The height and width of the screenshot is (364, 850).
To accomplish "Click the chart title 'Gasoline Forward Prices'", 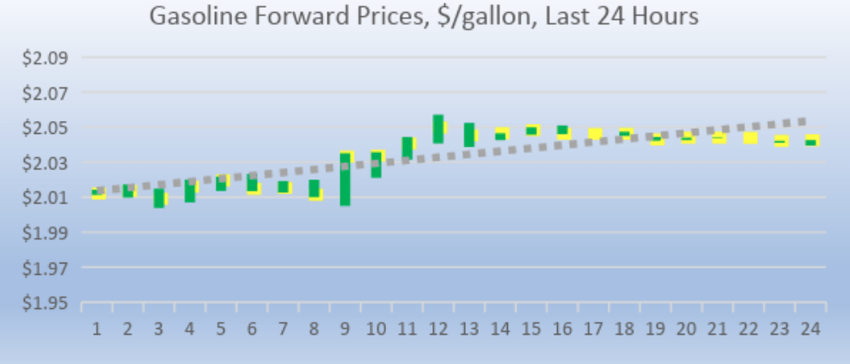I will (x=284, y=15).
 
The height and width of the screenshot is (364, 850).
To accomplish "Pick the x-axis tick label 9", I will (x=346, y=329).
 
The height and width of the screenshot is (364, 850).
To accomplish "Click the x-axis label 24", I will (x=810, y=329).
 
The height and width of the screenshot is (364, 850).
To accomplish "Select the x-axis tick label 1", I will (x=97, y=329).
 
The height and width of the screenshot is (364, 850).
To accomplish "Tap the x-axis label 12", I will (x=438, y=329).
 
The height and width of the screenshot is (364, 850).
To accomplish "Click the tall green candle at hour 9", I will (x=345, y=180).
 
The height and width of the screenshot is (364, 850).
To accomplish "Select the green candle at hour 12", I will (x=438, y=129).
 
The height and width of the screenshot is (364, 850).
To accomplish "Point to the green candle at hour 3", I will (x=159, y=198).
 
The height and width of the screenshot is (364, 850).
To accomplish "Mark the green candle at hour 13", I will (x=469, y=135).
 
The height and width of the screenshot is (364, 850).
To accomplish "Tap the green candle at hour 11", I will (x=407, y=147).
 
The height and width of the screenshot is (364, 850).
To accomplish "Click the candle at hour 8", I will (x=315, y=189).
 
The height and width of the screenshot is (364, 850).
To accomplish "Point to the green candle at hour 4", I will (x=190, y=191).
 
